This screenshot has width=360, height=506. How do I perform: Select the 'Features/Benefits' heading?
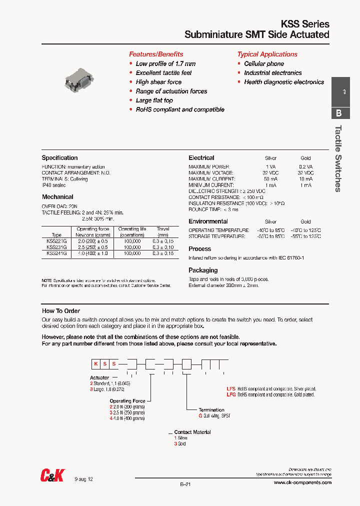click(x=156, y=54)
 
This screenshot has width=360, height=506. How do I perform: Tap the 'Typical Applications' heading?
click(x=267, y=54)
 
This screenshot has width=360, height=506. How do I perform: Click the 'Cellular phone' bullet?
click(x=264, y=63)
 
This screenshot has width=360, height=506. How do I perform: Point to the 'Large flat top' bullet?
click(x=154, y=100)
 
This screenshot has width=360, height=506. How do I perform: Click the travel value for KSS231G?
click(x=163, y=247)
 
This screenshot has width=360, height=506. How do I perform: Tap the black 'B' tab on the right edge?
click(x=338, y=112)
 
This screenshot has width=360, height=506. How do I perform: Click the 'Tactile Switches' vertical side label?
click(x=338, y=158)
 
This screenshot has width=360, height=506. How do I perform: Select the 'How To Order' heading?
click(x=61, y=311)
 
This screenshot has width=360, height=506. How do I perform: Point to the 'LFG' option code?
click(x=231, y=394)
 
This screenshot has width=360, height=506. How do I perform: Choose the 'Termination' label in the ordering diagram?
click(x=211, y=410)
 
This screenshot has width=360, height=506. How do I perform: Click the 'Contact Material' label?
click(x=192, y=432)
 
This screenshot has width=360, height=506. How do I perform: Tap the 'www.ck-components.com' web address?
click(x=302, y=482)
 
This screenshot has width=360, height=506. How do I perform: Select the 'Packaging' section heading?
click(x=203, y=270)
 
